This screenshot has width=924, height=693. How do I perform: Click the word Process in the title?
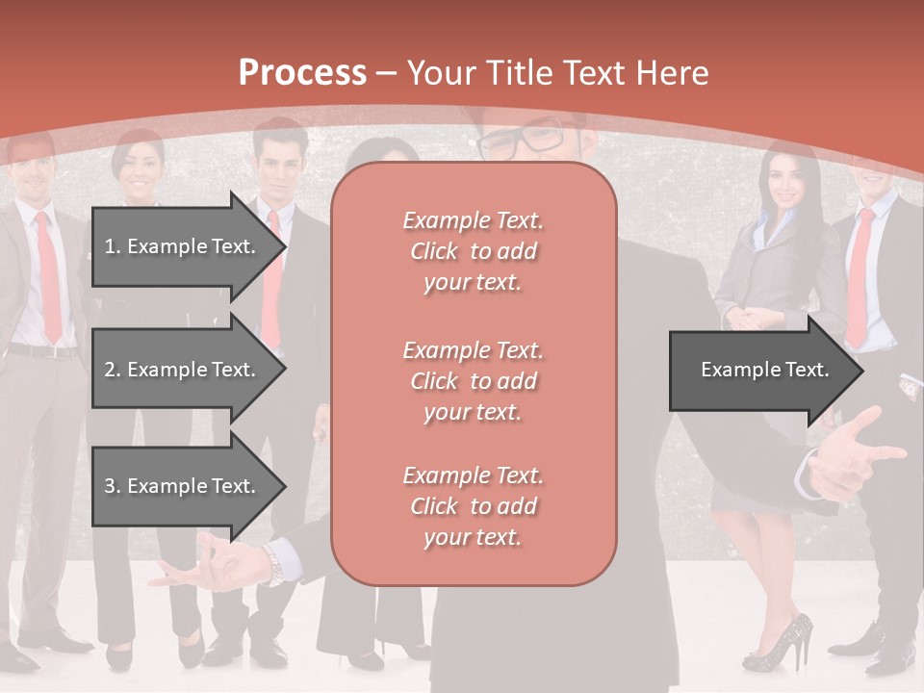302,73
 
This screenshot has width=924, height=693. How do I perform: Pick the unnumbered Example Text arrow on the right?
764,370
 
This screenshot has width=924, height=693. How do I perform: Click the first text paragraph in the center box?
474,251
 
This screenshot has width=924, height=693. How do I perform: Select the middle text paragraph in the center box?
474,381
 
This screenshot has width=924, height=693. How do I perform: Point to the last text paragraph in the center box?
474,506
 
